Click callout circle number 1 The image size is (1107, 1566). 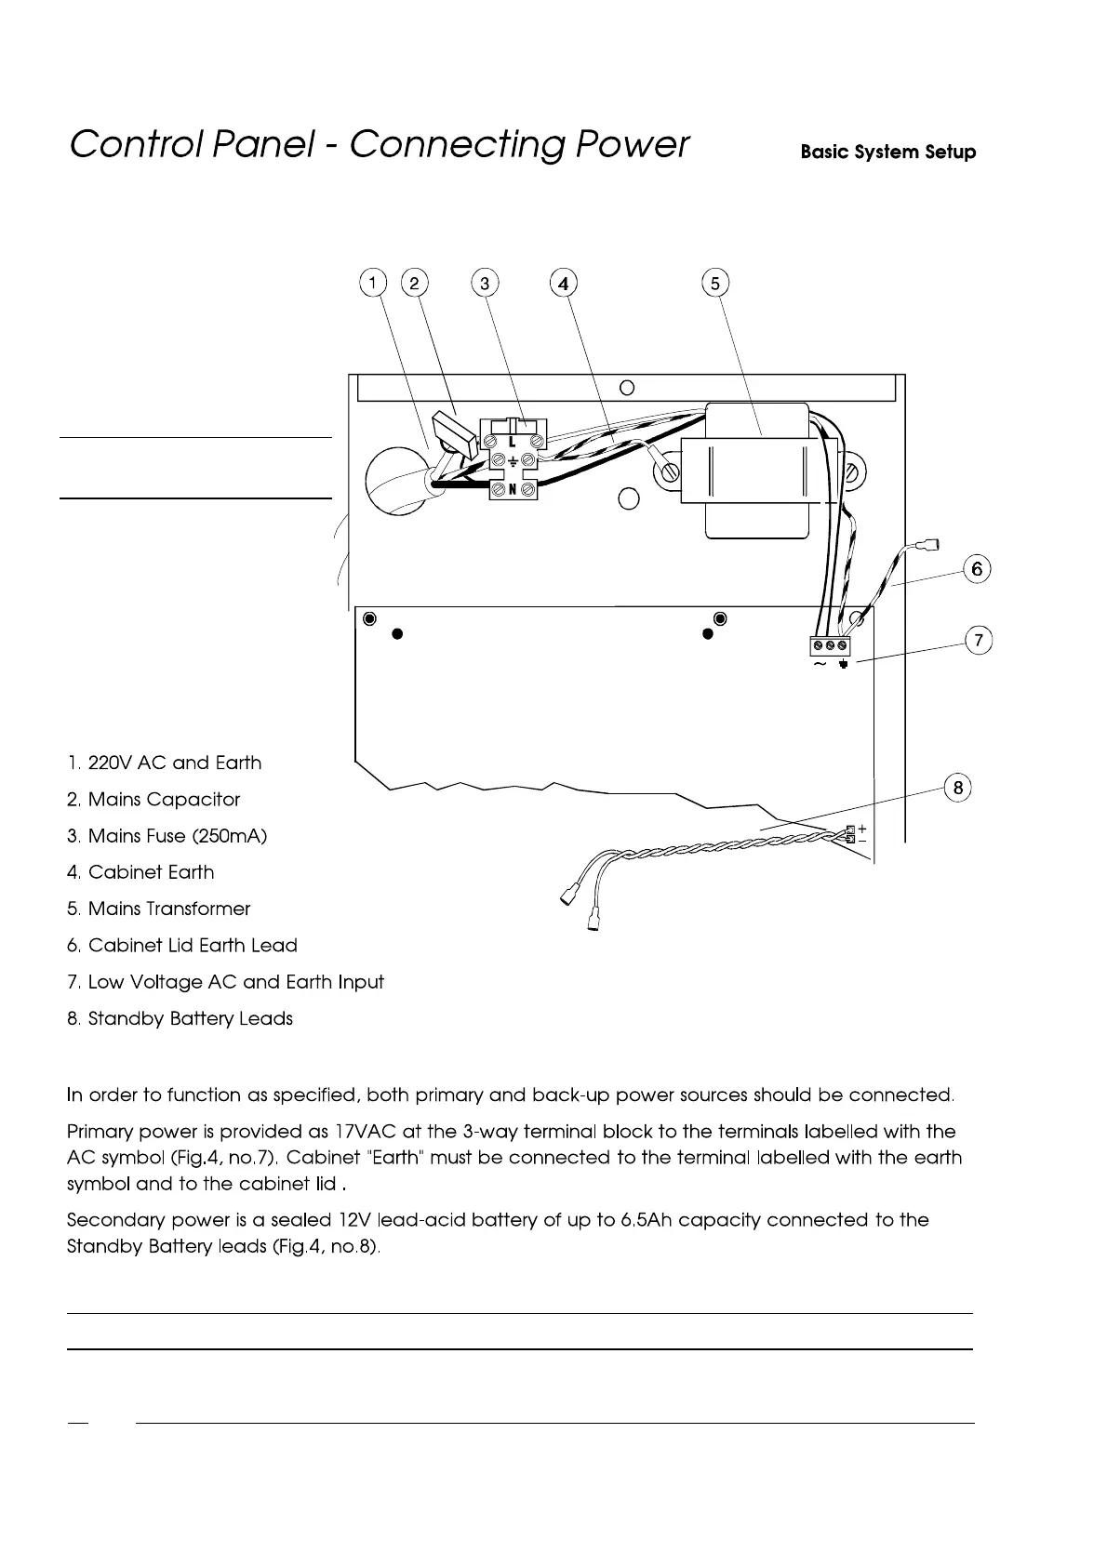point(372,283)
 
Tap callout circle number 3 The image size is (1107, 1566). point(485,283)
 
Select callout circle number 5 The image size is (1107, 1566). point(714,283)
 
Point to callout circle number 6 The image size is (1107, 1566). point(977,568)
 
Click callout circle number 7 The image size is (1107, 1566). point(978,641)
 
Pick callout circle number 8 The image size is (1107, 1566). point(957,789)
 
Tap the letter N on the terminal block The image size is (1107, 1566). point(512,489)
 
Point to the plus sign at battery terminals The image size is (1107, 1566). point(862,828)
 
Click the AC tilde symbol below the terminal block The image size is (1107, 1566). point(820,665)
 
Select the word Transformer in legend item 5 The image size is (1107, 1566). point(198,909)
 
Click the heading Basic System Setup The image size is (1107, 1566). point(887,153)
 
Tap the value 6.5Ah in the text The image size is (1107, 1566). point(644,1219)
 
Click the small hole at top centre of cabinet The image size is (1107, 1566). point(627,387)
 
